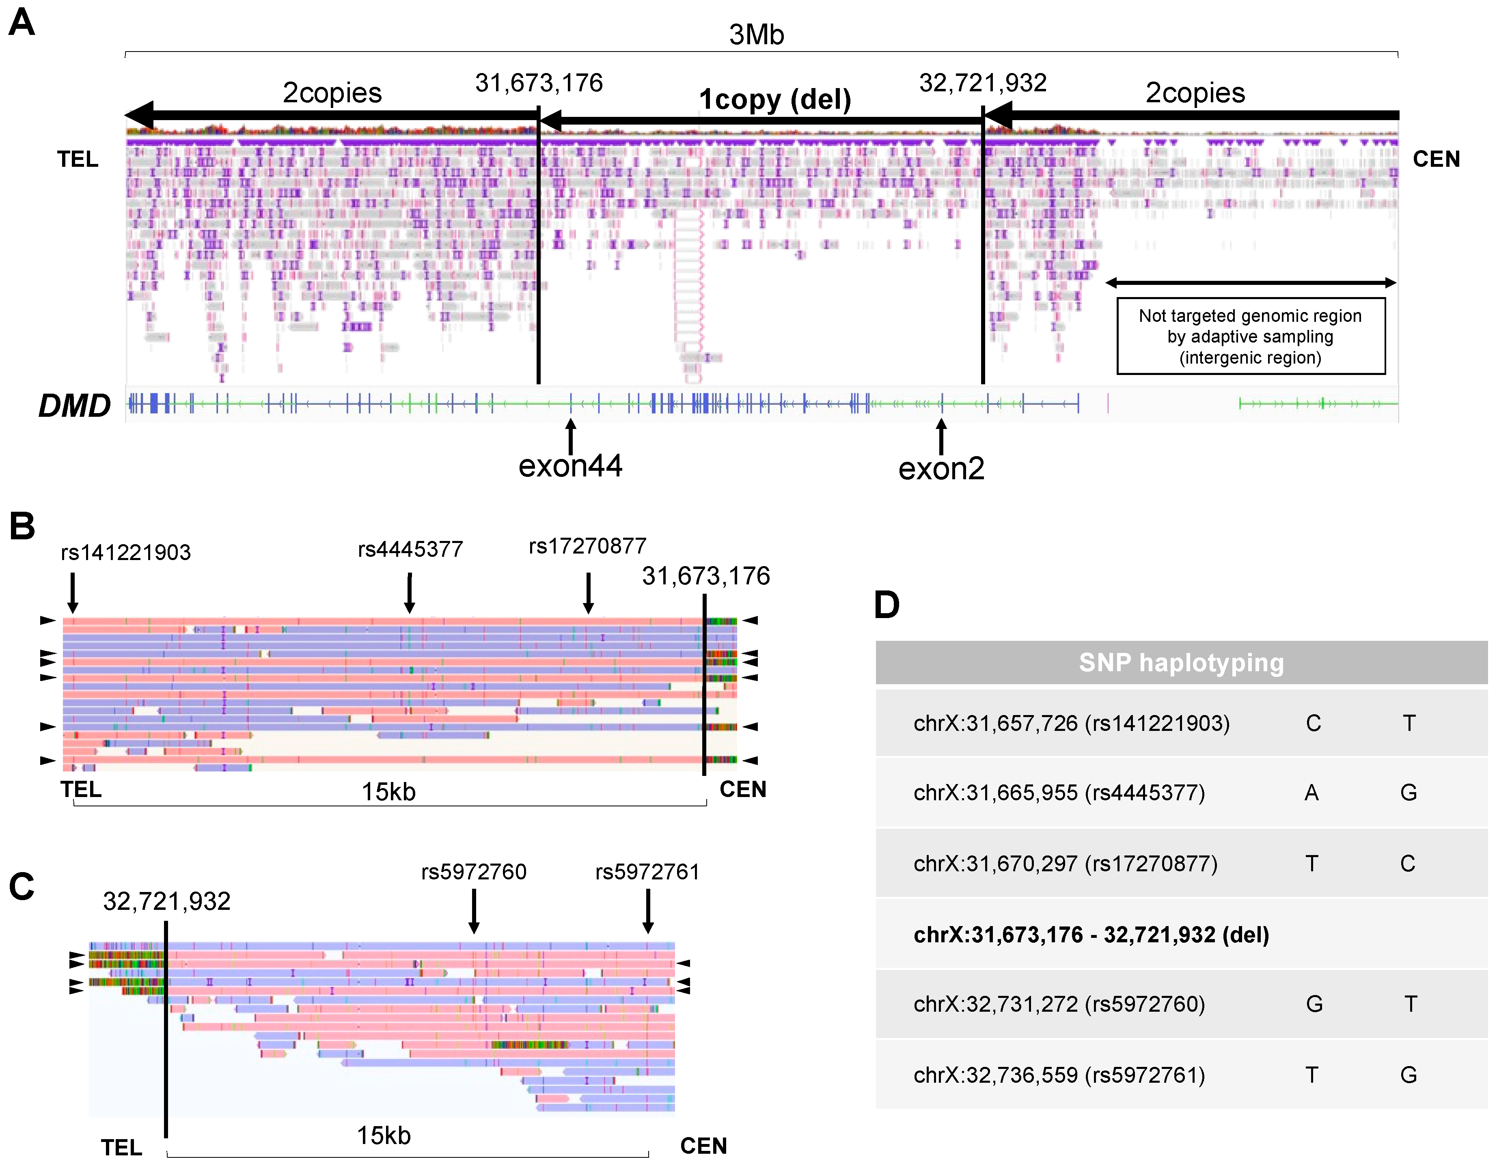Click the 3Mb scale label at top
tap(756, 34)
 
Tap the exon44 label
tap(570, 466)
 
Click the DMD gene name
tap(74, 405)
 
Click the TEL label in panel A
tap(78, 159)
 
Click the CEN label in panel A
tap(1436, 159)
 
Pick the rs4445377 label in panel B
tap(410, 549)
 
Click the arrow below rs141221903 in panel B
tap(73, 592)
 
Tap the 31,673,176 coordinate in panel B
tap(705, 576)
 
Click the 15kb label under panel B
tap(388, 792)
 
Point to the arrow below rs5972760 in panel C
tap(474, 911)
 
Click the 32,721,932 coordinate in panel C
tap(167, 901)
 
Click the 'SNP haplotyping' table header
tap(1180, 662)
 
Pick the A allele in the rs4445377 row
tap(1311, 793)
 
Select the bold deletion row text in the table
tap(1091, 935)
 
